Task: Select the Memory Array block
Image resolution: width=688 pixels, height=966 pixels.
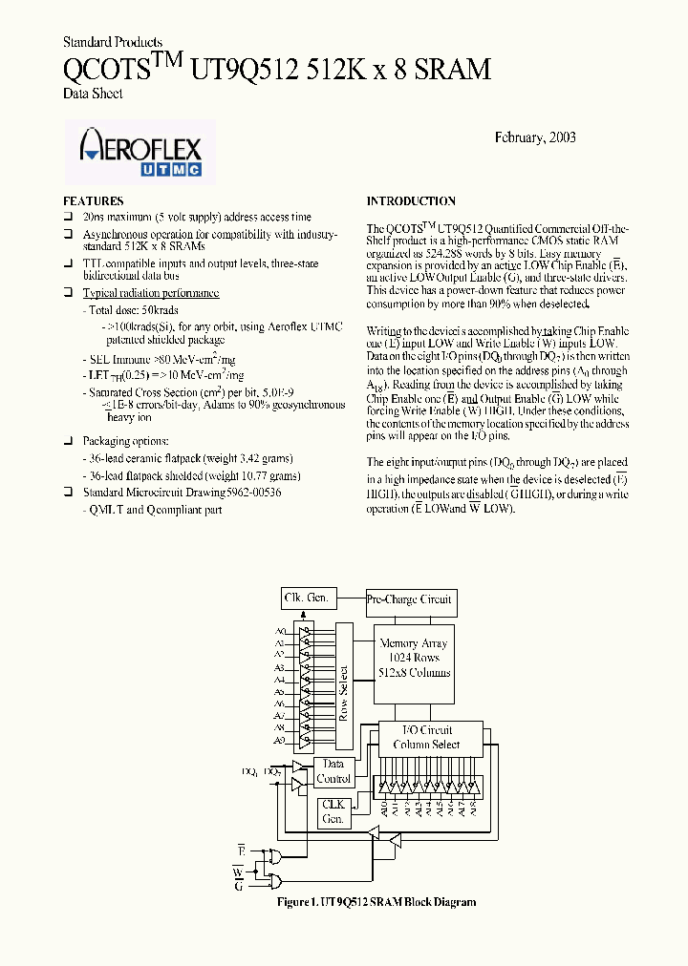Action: [414, 659]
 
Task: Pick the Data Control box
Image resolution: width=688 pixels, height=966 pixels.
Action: [333, 771]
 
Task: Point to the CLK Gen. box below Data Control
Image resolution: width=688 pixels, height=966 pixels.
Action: [333, 812]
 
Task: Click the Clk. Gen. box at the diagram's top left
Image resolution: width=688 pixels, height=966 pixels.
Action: [307, 598]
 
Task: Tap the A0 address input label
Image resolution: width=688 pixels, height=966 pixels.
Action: [280, 632]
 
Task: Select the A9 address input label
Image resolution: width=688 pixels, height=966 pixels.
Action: [280, 741]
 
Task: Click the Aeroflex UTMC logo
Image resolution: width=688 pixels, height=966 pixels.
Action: [140, 152]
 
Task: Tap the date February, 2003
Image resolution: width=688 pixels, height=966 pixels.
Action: [535, 137]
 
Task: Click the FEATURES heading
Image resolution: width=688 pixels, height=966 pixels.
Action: [93, 201]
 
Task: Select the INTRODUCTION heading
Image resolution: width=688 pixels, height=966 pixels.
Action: [411, 201]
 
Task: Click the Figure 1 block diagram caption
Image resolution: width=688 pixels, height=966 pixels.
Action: [376, 902]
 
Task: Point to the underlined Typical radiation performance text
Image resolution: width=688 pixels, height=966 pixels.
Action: [151, 293]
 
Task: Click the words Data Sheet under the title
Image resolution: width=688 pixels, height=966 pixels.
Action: [93, 94]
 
